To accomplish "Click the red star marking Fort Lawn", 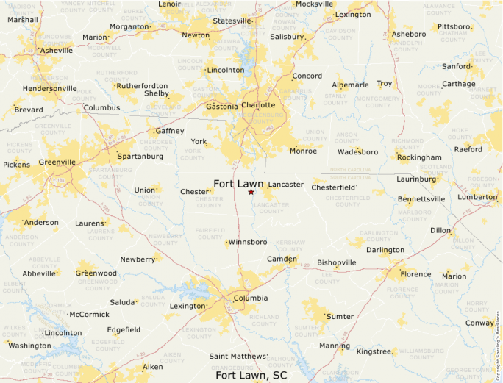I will pos(251,192).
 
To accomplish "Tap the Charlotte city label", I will pos(258,105).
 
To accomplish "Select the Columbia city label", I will pos(250,298).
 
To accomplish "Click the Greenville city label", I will pos(57,162).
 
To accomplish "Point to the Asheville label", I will pos(57,51).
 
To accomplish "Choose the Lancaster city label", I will pos(285,185).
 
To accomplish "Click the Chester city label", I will pos(195,192).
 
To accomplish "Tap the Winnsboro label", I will pos(247,242).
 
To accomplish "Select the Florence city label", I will pos(415,275).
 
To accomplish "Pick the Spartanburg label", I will pos(140,157).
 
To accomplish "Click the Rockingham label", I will pos(419,157).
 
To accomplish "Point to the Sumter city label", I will pos(340,317).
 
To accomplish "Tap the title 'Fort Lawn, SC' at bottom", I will pos(251,375).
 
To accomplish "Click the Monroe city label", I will pos(303,151).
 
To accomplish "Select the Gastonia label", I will pos(221,107).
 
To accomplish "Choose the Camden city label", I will pos(282,259).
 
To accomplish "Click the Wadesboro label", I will pos(357,152).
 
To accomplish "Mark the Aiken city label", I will pos(153,367).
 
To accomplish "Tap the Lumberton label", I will pos(477,197).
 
